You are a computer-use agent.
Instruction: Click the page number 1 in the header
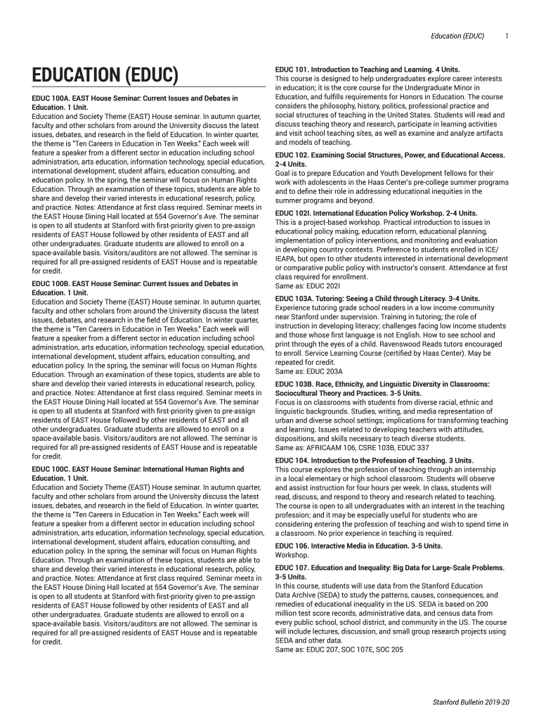[x=507, y=35]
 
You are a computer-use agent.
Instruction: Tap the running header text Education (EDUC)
[x=457, y=35]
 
